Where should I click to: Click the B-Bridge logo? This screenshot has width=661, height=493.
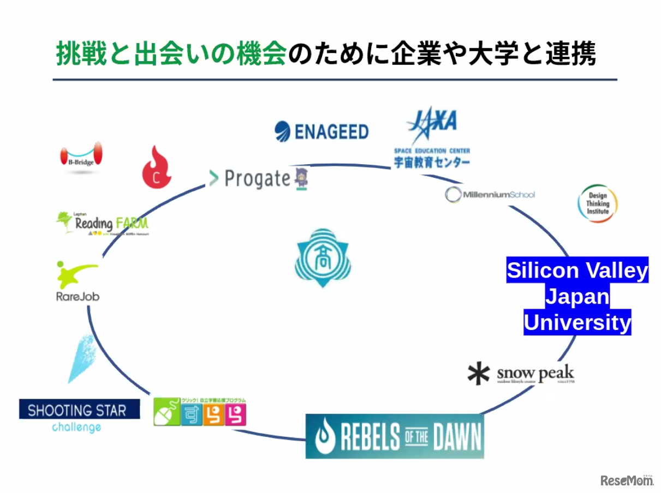tap(81, 155)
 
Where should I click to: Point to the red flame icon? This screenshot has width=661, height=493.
tap(156, 167)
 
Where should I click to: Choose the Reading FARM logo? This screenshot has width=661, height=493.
tap(102, 223)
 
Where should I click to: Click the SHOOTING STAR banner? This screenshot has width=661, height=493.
tap(79, 410)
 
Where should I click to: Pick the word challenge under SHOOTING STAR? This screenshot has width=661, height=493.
tap(76, 428)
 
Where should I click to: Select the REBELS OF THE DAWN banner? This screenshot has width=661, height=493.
tap(395, 436)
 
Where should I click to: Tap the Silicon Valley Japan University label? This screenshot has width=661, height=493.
tap(577, 296)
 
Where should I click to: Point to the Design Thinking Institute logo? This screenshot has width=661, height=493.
tap(598, 203)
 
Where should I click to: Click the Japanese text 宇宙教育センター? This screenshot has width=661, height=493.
tap(432, 162)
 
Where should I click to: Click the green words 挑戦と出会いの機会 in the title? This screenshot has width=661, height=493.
tap(171, 55)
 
